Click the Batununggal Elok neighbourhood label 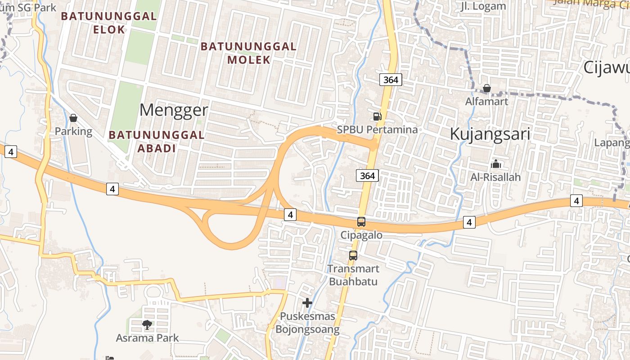pyautogui.click(x=108, y=23)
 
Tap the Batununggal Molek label pyautogui.click(x=248, y=53)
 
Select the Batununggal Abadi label pyautogui.click(x=157, y=141)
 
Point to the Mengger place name pyautogui.click(x=174, y=110)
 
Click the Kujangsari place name pyautogui.click(x=490, y=134)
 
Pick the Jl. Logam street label pyautogui.click(x=484, y=6)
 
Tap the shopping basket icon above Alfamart pyautogui.click(x=486, y=88)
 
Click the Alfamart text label pyautogui.click(x=486, y=101)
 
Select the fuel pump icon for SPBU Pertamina pyautogui.click(x=377, y=117)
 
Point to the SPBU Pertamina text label pyautogui.click(x=378, y=130)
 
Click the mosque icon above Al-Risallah pyautogui.click(x=496, y=164)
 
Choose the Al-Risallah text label pyautogui.click(x=495, y=177)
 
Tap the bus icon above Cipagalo pyautogui.click(x=361, y=222)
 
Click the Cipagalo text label pyautogui.click(x=361, y=235)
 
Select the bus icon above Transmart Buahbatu pyautogui.click(x=353, y=256)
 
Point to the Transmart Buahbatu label pyautogui.click(x=353, y=275)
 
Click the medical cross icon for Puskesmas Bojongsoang pyautogui.click(x=307, y=303)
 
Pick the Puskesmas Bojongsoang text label pyautogui.click(x=307, y=323)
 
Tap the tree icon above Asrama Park pyautogui.click(x=147, y=324)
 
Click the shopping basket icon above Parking pyautogui.click(x=73, y=118)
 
